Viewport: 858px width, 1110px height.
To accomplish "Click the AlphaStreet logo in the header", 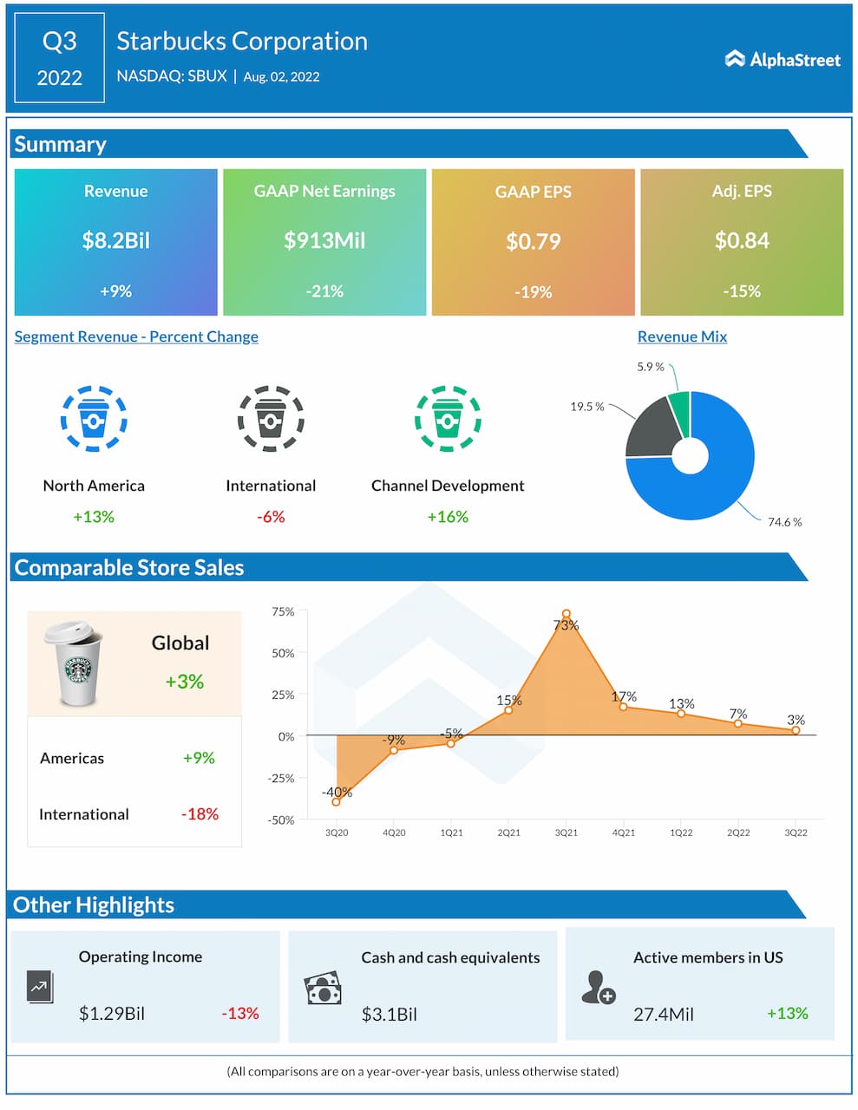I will [783, 59].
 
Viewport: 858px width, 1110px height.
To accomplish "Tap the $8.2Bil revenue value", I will [115, 240].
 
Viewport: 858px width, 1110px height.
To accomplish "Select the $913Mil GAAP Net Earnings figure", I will [324, 240].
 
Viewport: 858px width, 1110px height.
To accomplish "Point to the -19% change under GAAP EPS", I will [533, 292].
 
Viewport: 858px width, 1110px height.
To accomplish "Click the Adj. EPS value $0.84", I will [742, 240].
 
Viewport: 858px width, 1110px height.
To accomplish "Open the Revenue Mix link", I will [682, 336].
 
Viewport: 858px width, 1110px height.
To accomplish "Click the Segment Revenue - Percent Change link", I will [136, 336].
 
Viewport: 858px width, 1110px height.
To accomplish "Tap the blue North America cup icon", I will [94, 419].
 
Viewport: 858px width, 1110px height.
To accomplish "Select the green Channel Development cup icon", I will [448, 419].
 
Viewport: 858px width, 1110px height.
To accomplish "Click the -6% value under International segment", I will [271, 517].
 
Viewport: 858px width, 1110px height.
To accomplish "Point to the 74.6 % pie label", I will [784, 522].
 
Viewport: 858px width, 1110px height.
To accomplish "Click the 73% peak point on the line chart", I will [567, 614].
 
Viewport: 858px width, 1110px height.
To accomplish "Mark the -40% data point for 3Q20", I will [337, 801].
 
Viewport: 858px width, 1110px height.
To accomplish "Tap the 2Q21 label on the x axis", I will [508, 832].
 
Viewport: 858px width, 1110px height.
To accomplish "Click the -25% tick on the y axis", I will [281, 778].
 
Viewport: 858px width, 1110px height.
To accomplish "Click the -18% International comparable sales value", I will [200, 814].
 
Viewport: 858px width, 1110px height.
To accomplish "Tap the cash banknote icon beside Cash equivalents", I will [323, 989].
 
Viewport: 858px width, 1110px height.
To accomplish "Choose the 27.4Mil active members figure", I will [664, 1014].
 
